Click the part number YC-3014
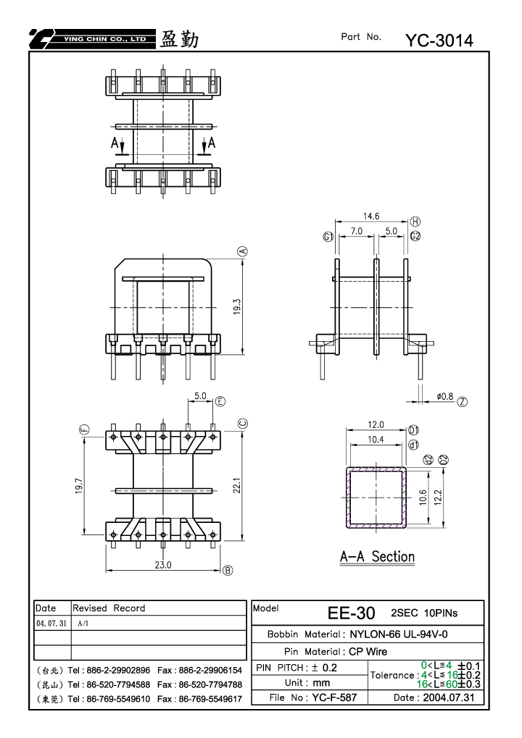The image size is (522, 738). (x=439, y=41)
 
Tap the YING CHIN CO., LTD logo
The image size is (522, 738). (x=92, y=39)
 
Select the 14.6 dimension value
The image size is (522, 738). (x=371, y=216)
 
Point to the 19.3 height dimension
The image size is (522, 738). (x=237, y=306)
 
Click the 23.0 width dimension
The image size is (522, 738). (x=163, y=565)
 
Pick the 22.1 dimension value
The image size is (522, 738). (x=237, y=485)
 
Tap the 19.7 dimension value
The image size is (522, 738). (x=79, y=486)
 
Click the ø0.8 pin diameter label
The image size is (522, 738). (x=444, y=396)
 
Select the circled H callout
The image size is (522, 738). (x=415, y=221)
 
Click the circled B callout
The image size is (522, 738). (x=228, y=571)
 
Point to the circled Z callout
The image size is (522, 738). (x=463, y=401)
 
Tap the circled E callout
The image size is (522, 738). (x=220, y=401)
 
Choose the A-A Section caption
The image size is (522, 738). (x=378, y=557)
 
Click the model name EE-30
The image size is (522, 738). (x=352, y=613)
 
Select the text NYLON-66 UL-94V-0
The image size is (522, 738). (x=399, y=634)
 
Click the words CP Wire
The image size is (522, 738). (x=368, y=651)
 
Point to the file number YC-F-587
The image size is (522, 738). (x=334, y=697)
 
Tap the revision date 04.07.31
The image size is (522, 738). (x=51, y=623)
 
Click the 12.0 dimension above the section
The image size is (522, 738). (x=376, y=424)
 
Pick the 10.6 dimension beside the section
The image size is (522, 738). (x=423, y=497)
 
